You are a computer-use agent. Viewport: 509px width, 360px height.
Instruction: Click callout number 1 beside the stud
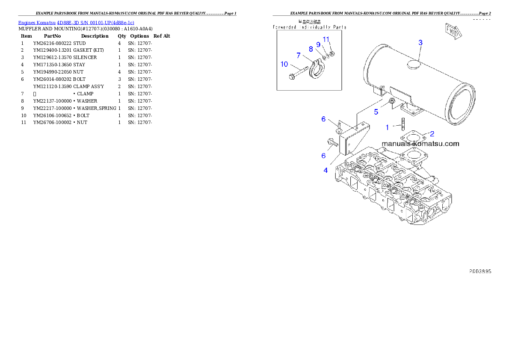coord(388,127)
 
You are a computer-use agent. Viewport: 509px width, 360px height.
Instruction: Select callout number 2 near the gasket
coord(432,134)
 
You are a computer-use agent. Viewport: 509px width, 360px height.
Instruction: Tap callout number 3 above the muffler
coord(420,42)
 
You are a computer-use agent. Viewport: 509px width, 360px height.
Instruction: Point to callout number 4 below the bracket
coord(326,170)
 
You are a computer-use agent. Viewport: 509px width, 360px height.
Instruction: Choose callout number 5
coord(376,112)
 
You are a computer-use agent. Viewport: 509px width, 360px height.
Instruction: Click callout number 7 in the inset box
coord(299,55)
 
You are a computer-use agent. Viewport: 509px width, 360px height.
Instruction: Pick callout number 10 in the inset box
coord(284,64)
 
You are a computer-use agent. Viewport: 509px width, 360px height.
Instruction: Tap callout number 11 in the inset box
coord(326,39)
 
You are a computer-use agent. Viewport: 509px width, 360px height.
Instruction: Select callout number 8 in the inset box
coord(311,49)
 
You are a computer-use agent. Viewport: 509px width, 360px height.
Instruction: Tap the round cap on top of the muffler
coord(413,65)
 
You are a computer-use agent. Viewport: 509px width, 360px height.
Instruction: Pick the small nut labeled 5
coord(391,101)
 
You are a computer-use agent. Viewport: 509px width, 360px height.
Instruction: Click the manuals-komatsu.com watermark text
coord(420,144)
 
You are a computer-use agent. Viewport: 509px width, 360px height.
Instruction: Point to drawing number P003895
coord(479,271)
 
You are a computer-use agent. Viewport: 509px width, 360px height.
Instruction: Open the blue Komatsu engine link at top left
coord(76,23)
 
